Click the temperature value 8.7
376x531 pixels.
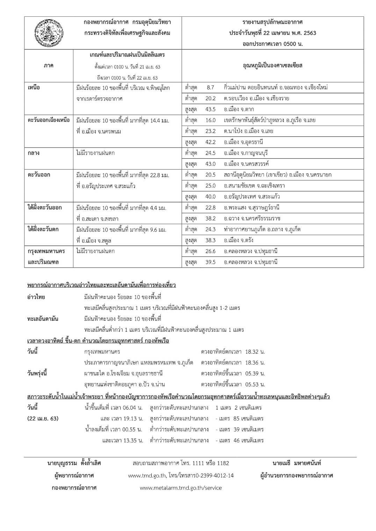coord(210,88)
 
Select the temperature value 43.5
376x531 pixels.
coord(210,109)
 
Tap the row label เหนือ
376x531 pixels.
coord(34,88)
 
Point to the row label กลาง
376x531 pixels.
coord(34,153)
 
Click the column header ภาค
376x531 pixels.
coord(49,66)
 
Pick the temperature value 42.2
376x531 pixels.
coord(210,142)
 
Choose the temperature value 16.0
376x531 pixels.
coord(210,120)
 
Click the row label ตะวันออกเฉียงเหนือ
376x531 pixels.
coord(49,120)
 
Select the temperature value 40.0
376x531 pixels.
coord(210,196)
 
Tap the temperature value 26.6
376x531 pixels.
coord(210,251)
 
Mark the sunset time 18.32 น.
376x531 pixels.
coord(255,352)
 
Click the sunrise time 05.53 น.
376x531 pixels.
coord(255,384)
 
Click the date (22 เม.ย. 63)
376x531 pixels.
coord(43,418)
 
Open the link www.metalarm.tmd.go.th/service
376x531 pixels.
coord(181,488)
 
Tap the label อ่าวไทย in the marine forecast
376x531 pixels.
coord(36,297)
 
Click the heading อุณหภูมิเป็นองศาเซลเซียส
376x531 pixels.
coord(273,66)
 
